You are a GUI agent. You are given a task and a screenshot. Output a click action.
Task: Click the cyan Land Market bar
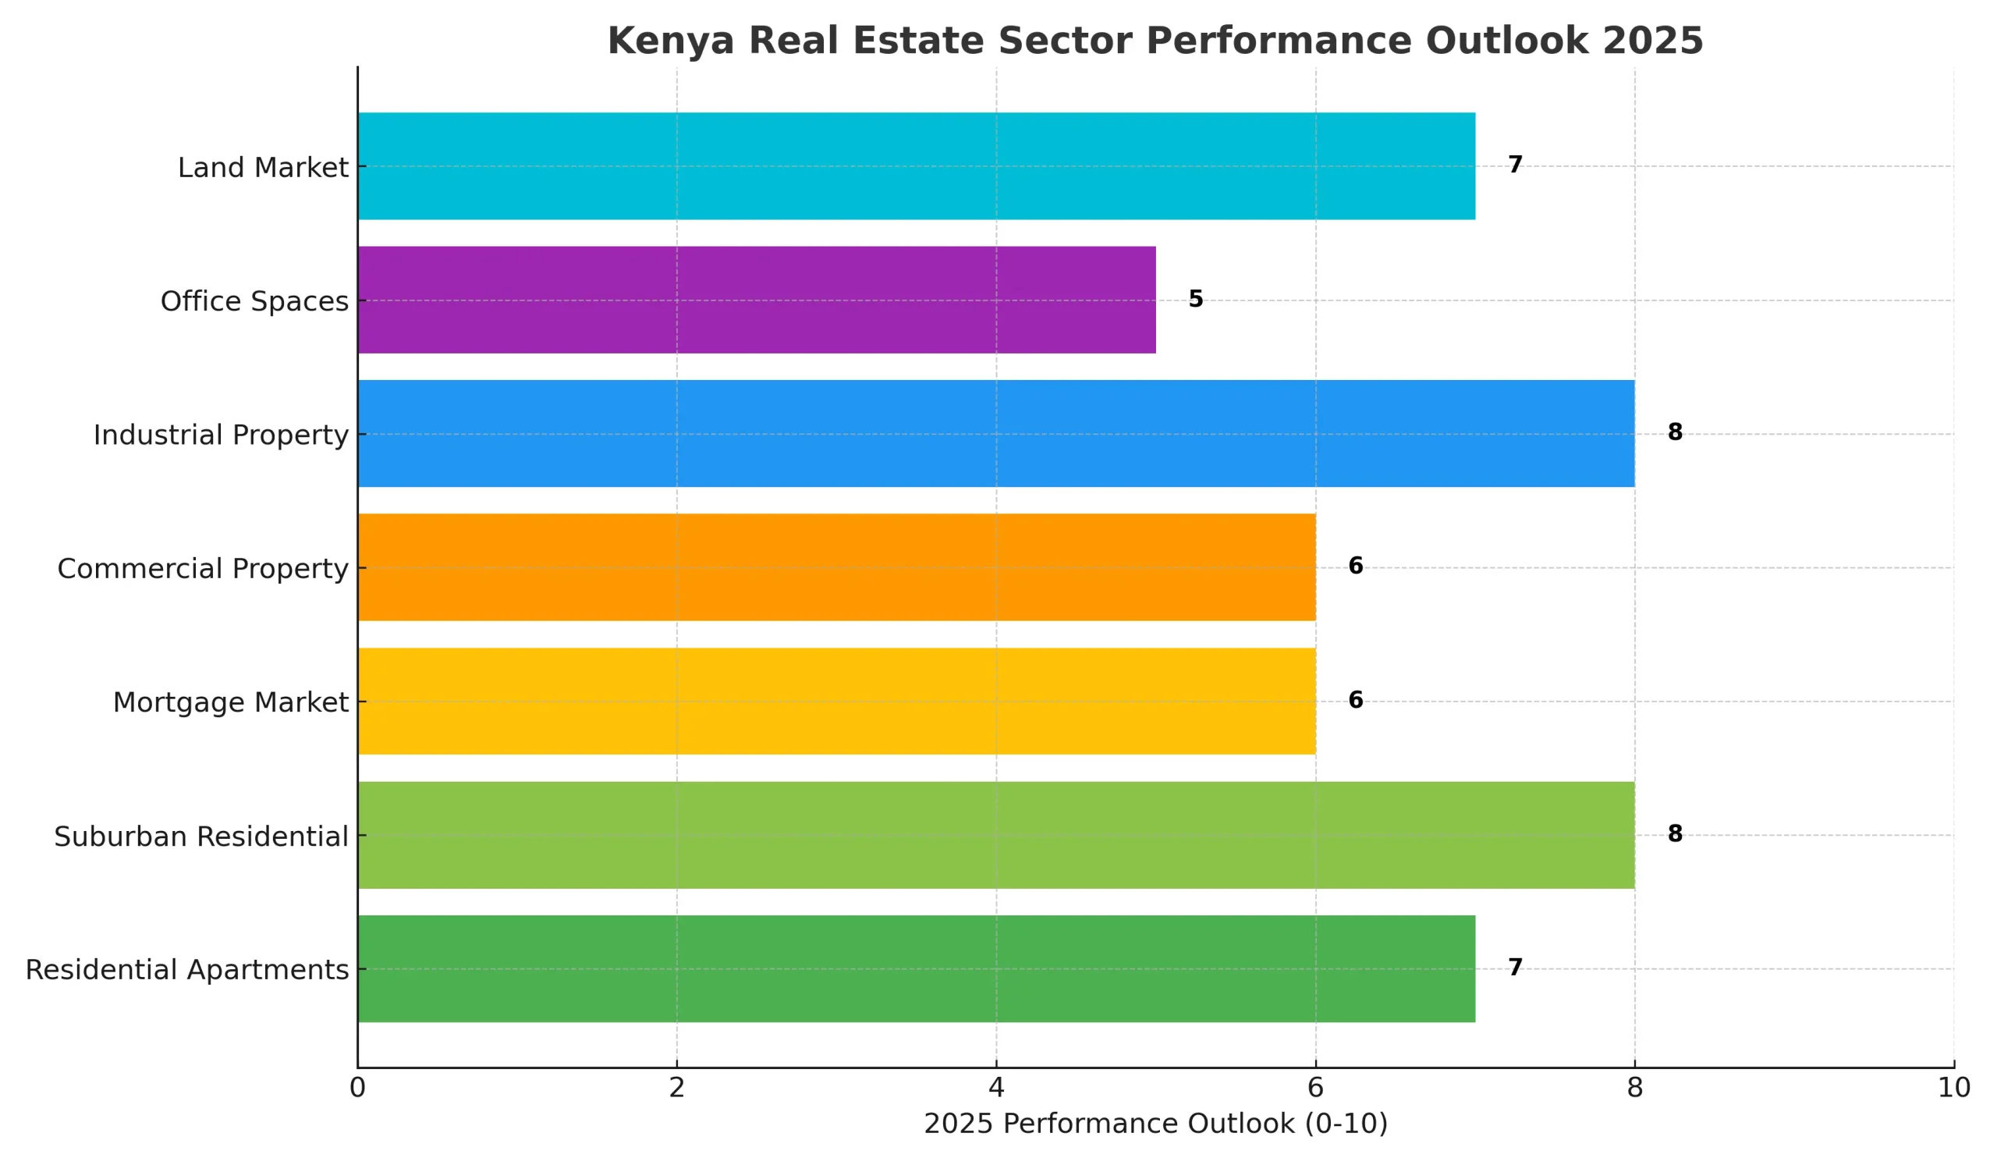[x=915, y=165]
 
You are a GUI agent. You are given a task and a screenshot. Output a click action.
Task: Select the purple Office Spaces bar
[x=756, y=300]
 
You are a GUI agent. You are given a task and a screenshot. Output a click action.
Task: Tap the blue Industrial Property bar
[x=995, y=434]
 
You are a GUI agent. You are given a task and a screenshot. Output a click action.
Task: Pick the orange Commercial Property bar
[x=836, y=567]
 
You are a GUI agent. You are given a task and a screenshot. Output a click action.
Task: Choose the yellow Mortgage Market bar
[x=836, y=701]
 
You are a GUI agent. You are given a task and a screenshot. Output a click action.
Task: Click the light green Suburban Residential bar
[x=995, y=835]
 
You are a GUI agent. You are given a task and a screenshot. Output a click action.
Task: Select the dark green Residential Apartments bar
[x=915, y=968]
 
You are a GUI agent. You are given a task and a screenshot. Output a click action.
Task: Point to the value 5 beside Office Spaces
[x=1196, y=299]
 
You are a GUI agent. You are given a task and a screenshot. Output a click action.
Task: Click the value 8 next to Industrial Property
[x=1675, y=432]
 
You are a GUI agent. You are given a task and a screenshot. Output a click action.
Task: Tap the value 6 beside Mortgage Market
[x=1356, y=700]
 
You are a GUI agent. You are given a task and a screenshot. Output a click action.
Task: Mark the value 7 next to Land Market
[x=1515, y=164]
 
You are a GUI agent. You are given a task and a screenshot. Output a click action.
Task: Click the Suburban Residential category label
[x=200, y=837]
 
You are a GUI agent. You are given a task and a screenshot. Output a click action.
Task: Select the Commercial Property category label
[x=202, y=569]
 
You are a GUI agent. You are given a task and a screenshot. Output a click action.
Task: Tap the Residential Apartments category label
[x=187, y=970]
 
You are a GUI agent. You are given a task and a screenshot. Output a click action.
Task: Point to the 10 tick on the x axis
[x=1953, y=1088]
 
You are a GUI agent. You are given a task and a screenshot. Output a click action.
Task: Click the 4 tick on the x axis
[x=996, y=1088]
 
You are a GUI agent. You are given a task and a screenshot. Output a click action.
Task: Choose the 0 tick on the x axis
[x=357, y=1088]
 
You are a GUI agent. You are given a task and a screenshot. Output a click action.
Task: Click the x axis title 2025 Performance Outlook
[x=1155, y=1124]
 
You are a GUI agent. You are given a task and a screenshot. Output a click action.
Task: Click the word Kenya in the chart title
[x=670, y=41]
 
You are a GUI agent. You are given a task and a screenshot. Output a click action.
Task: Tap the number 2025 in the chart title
[x=1652, y=41]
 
